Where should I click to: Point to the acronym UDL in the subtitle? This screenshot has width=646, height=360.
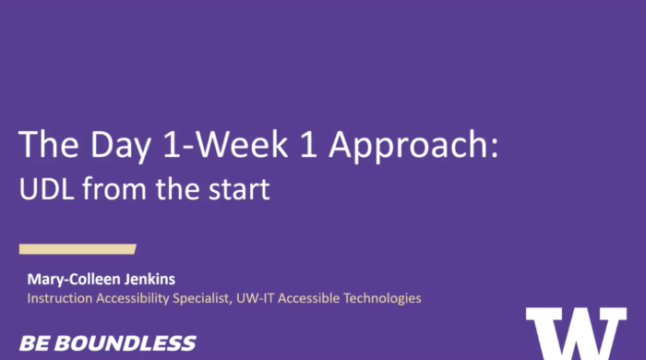(45, 190)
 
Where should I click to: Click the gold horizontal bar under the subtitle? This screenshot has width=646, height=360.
(78, 248)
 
